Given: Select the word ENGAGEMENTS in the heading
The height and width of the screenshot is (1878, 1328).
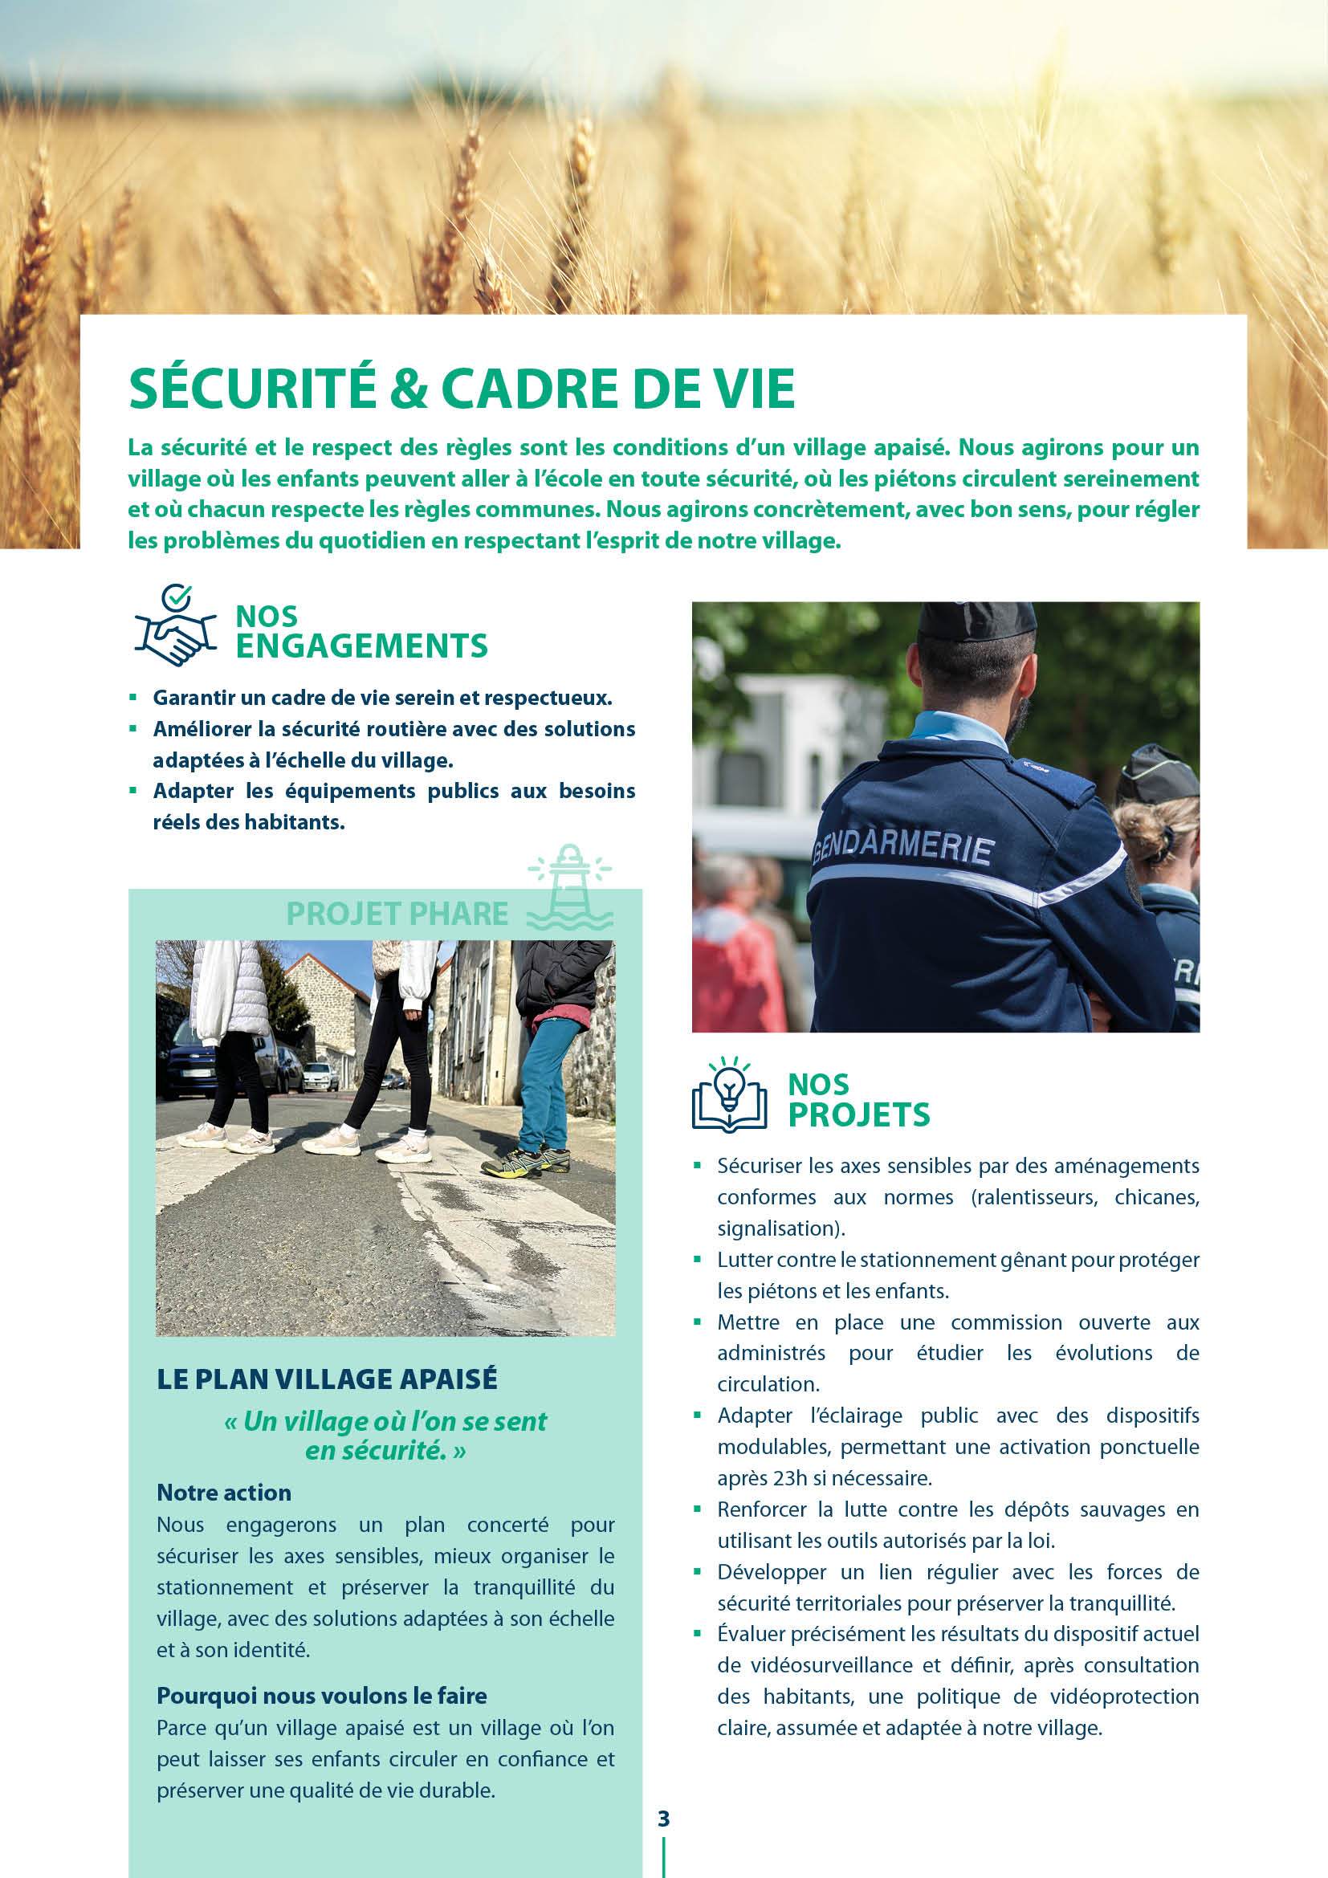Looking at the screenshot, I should (x=361, y=646).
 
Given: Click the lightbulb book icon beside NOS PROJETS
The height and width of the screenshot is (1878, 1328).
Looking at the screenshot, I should (x=729, y=1095).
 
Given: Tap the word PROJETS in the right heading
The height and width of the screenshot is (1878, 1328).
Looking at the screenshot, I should (x=858, y=1114).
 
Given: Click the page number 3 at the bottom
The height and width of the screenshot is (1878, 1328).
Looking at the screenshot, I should (x=663, y=1819).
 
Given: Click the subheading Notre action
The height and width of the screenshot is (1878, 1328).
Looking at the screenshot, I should (x=224, y=1493).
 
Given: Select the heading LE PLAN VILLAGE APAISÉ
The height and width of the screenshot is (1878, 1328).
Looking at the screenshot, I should (x=327, y=1379).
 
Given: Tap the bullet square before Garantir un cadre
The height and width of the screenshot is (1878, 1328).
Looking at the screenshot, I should (x=133, y=698).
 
